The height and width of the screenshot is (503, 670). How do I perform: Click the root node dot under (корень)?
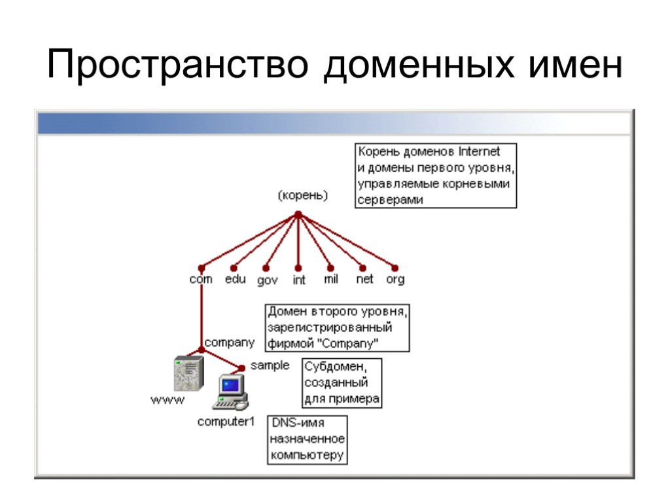coord(298,214)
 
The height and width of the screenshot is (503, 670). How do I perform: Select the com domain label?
coord(201,279)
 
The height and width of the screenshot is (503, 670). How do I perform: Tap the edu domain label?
coord(236,279)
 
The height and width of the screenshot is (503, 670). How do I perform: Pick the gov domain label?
coord(267,280)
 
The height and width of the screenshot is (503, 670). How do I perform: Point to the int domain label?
coord(299,280)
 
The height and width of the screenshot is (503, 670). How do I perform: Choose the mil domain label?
coord(331,279)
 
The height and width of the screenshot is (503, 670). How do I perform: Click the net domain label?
coord(364,279)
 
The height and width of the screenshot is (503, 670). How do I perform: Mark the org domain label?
coord(395,279)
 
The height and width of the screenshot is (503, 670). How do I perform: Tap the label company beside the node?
coord(230,342)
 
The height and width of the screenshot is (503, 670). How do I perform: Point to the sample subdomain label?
coord(270,365)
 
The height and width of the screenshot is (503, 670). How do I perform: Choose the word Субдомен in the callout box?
coord(331,367)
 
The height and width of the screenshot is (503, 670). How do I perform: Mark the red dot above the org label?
coord(395,267)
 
